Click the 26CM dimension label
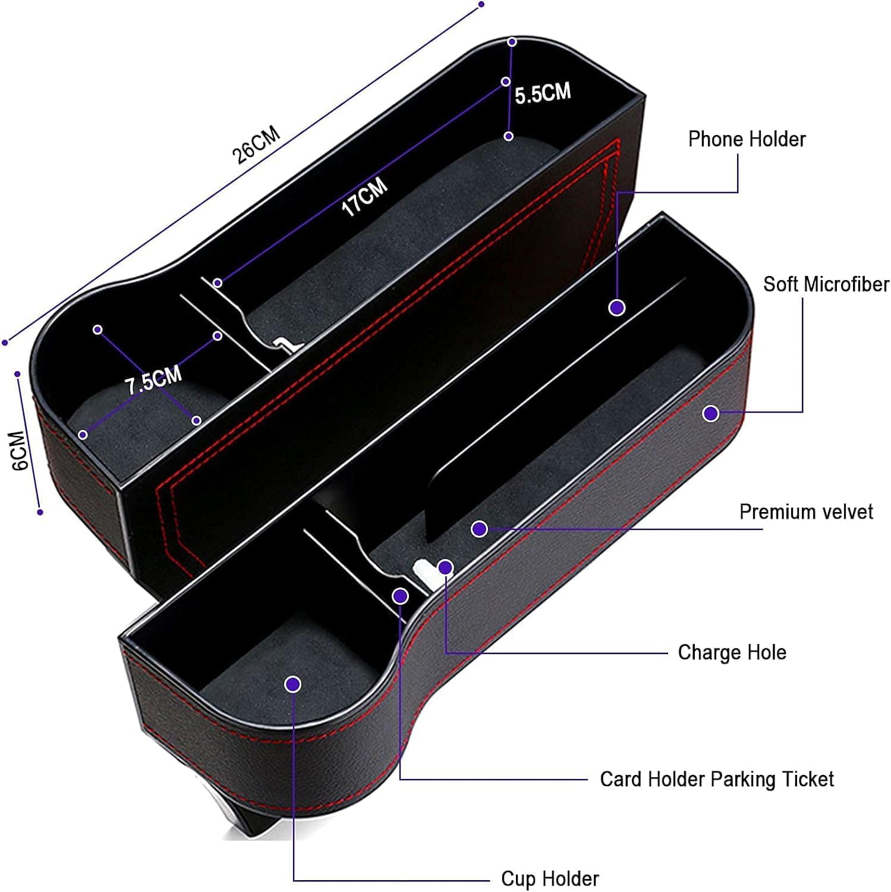(x=256, y=145)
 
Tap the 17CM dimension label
(x=364, y=196)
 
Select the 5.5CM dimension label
(x=543, y=93)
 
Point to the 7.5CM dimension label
(x=153, y=381)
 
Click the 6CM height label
(x=21, y=451)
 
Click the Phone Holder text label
(x=747, y=139)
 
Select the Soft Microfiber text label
(x=826, y=284)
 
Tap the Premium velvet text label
(x=806, y=512)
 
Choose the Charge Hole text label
(x=732, y=652)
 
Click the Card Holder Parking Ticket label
(x=717, y=779)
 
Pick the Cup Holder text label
(x=550, y=878)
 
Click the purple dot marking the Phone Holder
(x=617, y=307)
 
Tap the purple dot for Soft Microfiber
(x=710, y=413)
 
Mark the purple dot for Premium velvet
(x=479, y=529)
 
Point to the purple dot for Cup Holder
(x=292, y=684)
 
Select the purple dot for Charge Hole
(x=445, y=567)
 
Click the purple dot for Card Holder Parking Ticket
(x=401, y=595)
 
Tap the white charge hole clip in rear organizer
(x=284, y=345)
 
